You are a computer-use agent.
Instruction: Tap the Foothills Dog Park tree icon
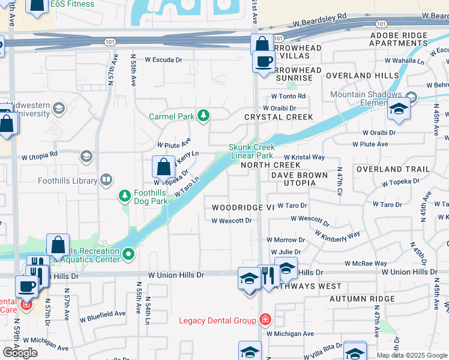tap(125, 196)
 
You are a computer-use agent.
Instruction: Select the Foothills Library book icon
tap(106, 180)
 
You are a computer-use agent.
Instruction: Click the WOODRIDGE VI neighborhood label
tap(243, 207)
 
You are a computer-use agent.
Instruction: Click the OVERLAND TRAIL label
tap(393, 170)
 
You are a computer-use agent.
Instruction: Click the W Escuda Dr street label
tap(163, 60)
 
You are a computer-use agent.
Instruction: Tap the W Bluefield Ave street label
tap(103, 314)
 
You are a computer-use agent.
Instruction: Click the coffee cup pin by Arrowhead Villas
tap(263, 61)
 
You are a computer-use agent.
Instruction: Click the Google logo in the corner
tap(20, 352)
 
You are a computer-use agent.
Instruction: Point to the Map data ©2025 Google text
tap(411, 355)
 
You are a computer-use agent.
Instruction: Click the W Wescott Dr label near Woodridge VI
tap(231, 220)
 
